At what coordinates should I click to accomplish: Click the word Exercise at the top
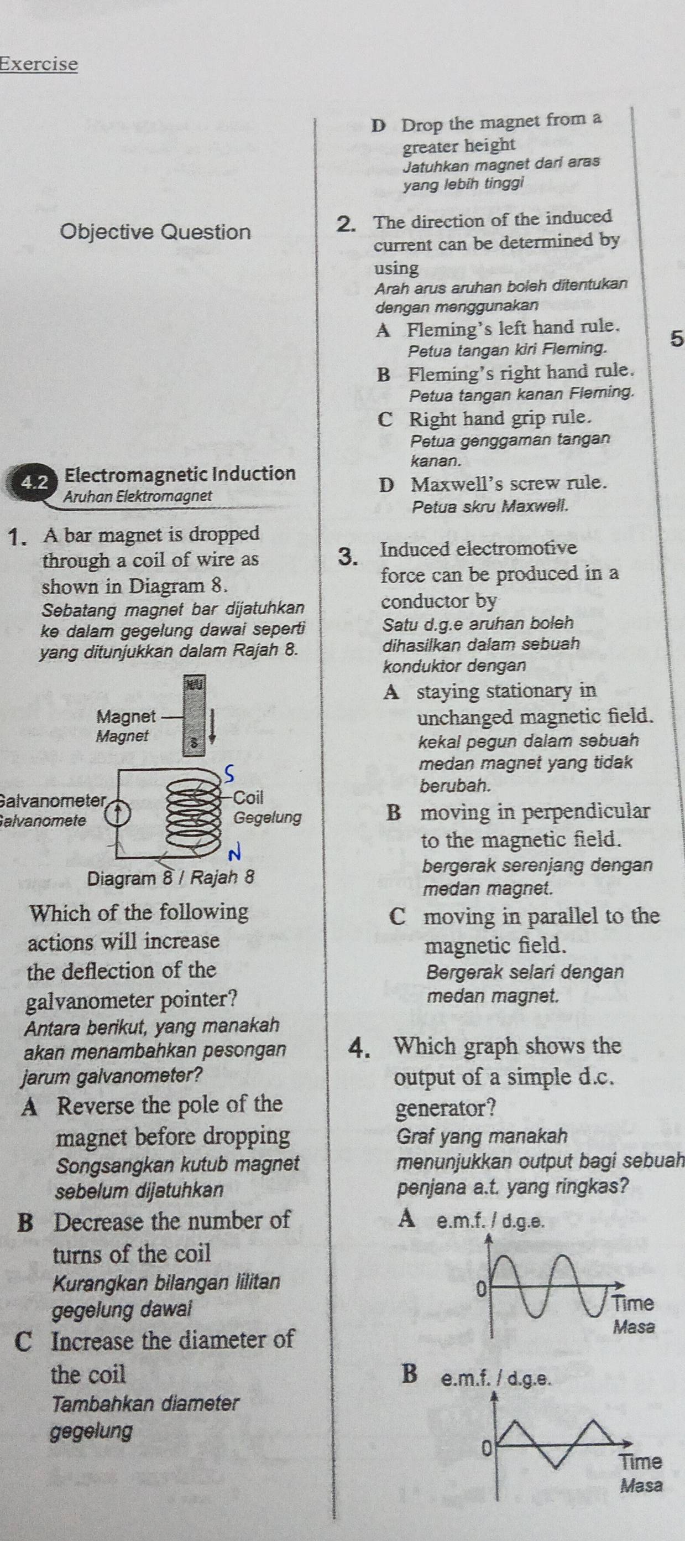39,64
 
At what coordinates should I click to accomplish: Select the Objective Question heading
155,231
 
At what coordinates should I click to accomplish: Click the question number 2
346,224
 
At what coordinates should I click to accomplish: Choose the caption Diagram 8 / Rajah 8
171,878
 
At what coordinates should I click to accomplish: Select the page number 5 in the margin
676,339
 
